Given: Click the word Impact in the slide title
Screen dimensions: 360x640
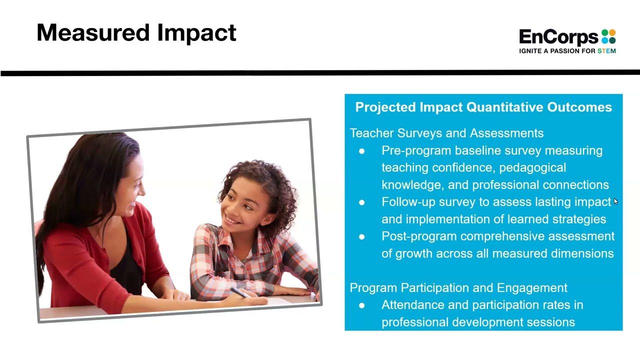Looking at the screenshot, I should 196,33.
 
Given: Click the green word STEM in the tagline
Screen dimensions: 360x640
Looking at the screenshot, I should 606,51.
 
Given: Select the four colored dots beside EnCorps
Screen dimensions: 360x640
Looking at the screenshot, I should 608,37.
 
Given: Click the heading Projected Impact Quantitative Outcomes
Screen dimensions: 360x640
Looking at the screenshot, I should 483,107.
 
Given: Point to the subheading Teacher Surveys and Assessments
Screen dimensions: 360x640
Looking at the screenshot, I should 446,133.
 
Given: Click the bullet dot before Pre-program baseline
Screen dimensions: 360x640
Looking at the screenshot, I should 362,151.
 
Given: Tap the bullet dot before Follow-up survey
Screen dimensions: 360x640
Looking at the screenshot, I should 362,202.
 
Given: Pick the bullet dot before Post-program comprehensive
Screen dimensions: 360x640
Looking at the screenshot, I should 362,236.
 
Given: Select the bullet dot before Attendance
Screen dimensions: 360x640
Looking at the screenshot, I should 362,305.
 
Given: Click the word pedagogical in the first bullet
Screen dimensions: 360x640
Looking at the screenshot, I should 532,167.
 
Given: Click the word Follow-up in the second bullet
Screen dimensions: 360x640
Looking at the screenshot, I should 408,202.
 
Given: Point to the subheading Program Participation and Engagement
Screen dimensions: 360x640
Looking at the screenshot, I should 458,288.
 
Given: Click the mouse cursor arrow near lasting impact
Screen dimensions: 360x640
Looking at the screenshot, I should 615,201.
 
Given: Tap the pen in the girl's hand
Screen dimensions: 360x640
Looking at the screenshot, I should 240,292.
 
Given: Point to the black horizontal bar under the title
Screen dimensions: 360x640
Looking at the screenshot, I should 320,73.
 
